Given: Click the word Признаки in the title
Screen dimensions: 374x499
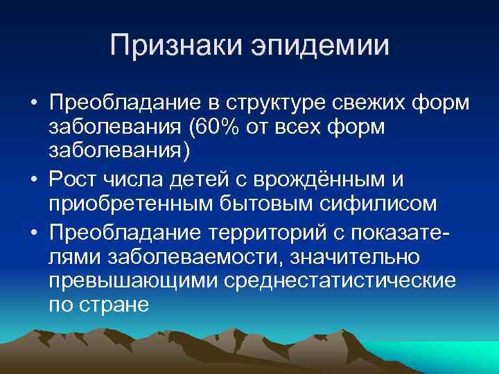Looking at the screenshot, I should [x=175, y=47].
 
